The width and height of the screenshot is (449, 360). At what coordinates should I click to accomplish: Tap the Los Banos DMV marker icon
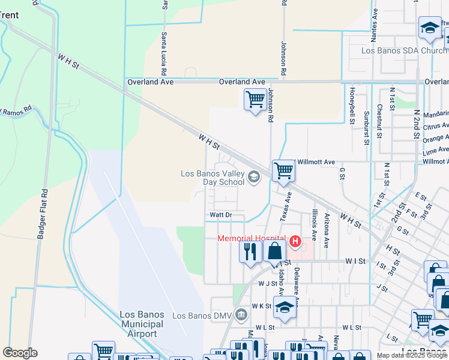point(241,314)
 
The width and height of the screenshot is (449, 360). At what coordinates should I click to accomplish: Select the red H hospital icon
point(295,241)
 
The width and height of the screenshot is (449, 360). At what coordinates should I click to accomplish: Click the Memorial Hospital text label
point(251,238)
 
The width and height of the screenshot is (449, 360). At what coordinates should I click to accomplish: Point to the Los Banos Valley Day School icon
point(254,176)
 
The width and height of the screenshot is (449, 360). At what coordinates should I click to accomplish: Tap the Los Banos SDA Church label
point(404,51)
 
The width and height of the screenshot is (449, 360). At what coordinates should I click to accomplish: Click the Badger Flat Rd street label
point(42,215)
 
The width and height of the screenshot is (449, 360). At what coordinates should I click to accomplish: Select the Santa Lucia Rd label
point(163,53)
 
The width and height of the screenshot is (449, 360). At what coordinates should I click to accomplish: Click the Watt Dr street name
point(220,215)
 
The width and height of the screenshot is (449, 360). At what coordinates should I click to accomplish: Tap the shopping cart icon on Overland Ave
point(255,99)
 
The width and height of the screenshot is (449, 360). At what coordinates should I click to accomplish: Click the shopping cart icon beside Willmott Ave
point(283,170)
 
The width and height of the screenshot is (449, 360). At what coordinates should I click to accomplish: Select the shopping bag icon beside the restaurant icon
point(274,251)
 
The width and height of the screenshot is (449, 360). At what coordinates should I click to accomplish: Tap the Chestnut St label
point(379,121)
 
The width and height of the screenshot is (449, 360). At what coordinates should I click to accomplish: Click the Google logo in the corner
point(20,353)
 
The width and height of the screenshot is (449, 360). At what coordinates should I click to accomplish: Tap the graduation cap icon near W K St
point(285,308)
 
